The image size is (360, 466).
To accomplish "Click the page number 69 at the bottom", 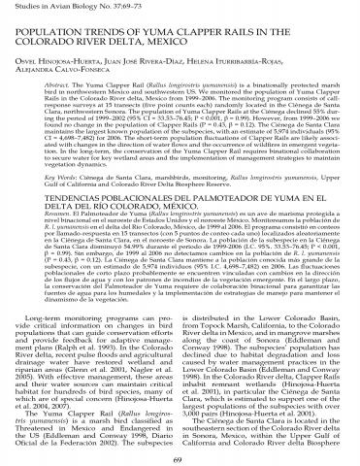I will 180,455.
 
